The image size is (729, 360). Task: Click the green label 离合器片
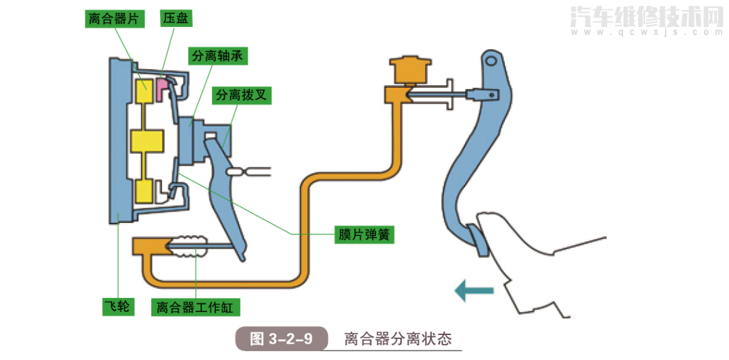click(115, 18)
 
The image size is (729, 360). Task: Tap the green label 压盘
click(174, 18)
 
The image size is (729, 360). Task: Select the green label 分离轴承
click(217, 57)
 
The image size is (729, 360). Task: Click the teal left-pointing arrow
click(473, 291)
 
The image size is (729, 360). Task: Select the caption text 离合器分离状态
click(397, 338)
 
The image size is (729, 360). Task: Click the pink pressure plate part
click(163, 88)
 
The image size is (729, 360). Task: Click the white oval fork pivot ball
click(236, 172)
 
